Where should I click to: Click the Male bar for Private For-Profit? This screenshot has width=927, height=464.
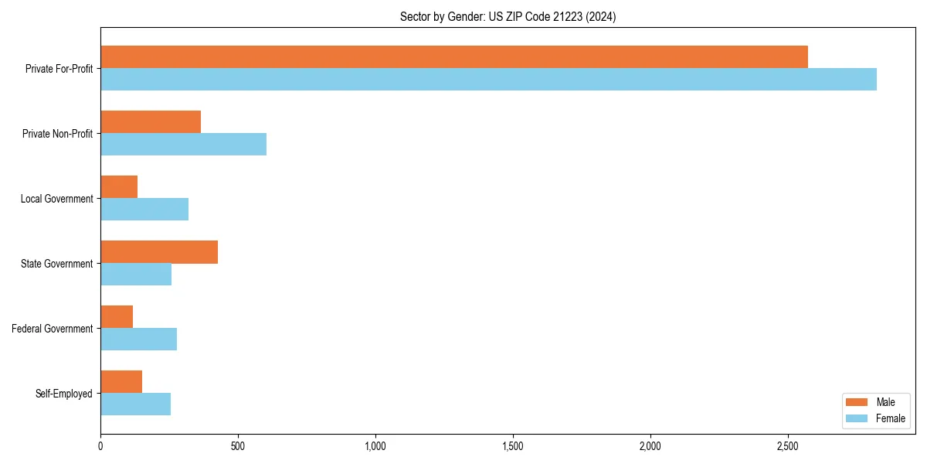[454, 57]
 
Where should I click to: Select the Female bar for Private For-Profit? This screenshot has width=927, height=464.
[488, 80]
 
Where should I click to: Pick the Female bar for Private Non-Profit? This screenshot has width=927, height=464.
[183, 145]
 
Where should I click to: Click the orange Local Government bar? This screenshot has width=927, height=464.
[119, 187]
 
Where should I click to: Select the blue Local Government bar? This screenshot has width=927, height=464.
[144, 210]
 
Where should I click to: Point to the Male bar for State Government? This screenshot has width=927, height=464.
[159, 252]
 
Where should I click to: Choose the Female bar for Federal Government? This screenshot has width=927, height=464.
[138, 339]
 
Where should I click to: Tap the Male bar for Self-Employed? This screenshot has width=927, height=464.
[121, 382]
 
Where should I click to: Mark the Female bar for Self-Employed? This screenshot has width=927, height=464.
[135, 404]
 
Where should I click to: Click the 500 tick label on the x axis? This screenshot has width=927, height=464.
[238, 446]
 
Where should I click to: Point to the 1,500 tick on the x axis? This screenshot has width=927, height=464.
[513, 446]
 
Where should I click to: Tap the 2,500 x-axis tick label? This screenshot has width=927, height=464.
[788, 446]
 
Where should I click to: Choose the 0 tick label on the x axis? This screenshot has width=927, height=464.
[100, 446]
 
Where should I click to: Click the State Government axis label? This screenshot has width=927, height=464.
[56, 264]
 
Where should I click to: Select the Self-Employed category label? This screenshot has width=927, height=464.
[64, 394]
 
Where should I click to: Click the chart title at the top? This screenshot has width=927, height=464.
[508, 16]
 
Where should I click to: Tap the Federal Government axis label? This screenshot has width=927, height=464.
[53, 329]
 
